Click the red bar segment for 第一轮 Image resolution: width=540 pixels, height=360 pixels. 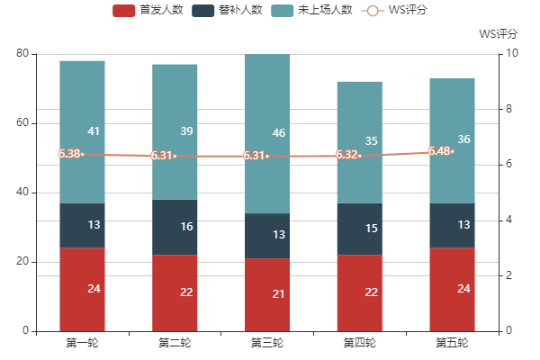[x=82, y=289]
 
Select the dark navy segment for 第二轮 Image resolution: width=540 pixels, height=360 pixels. [x=175, y=227]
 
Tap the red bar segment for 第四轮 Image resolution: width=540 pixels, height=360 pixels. [x=359, y=292]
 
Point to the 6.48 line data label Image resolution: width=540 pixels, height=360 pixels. [x=439, y=151]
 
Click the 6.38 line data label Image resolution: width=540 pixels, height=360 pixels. [x=68, y=154]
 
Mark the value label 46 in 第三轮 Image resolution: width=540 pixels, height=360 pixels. [x=279, y=133]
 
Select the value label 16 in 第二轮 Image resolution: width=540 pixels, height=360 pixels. [x=186, y=227]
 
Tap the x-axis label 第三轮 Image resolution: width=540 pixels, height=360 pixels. [x=267, y=343]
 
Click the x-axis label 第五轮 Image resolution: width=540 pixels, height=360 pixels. [x=452, y=343]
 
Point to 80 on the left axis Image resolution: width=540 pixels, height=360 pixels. [x=23, y=54]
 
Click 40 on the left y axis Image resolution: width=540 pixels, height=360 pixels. [x=23, y=193]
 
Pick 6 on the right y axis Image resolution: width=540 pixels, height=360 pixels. [x=510, y=165]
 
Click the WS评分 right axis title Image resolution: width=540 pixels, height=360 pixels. [x=498, y=34]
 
